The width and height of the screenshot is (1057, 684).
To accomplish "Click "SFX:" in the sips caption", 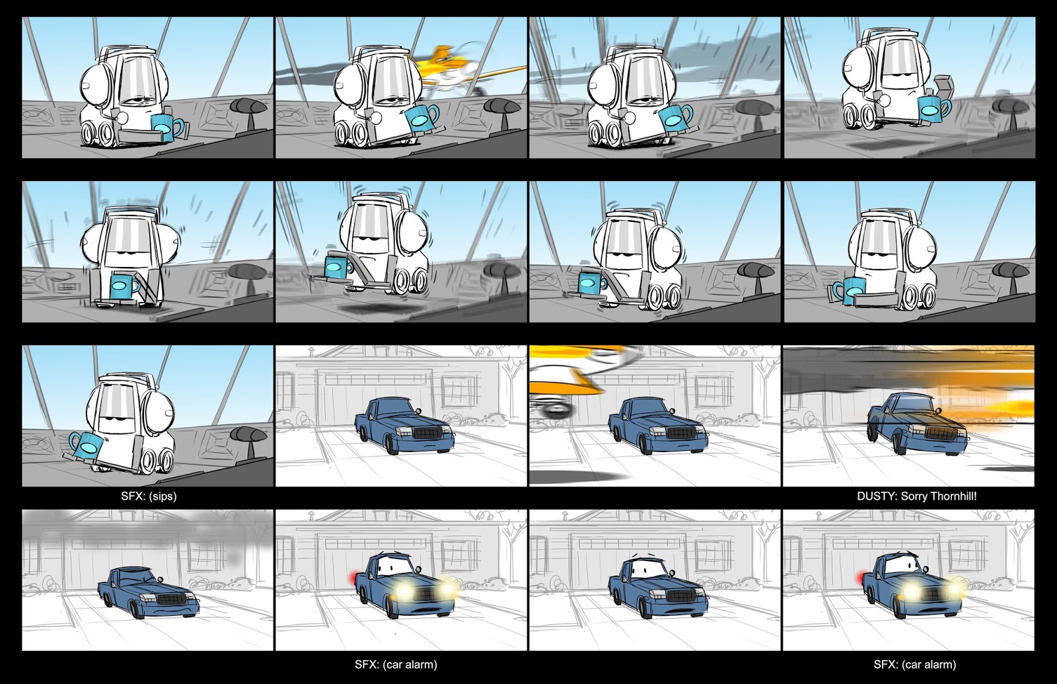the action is click(131, 496).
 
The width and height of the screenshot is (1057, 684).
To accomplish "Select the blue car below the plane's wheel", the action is click(658, 425).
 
